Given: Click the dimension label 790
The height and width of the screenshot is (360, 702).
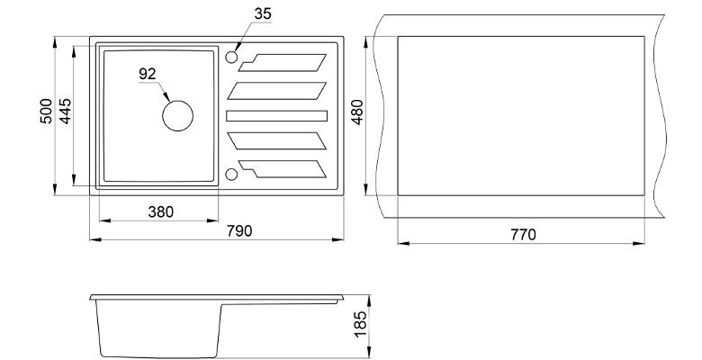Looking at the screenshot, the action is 239,231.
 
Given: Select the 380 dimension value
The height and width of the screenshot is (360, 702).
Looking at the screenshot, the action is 161,211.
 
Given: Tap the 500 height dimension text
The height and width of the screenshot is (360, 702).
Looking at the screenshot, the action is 46,111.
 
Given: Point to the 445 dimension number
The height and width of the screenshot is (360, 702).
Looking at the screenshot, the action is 65,111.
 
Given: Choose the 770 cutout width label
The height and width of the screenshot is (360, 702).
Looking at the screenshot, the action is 523,235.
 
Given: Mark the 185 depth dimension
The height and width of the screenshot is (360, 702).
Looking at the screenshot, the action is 360,324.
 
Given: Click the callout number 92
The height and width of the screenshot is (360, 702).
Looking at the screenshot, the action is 148,74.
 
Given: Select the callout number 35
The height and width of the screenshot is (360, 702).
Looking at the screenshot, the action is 263,13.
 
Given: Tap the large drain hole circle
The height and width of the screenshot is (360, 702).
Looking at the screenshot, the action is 177,101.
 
